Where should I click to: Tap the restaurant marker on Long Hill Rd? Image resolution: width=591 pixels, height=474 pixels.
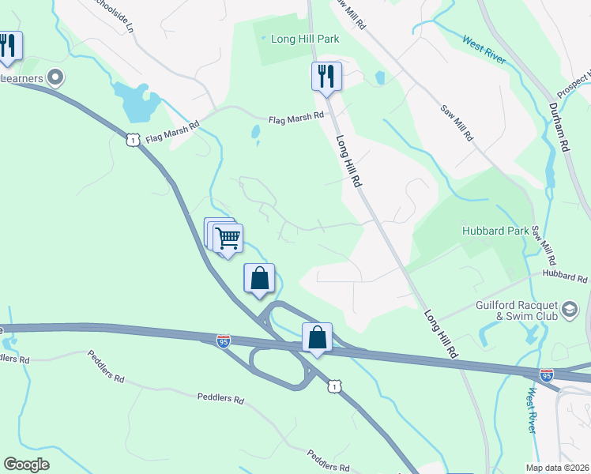tap(326, 77)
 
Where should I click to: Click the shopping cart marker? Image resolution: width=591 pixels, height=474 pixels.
tap(228, 237)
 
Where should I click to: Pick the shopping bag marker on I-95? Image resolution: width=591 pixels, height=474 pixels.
tap(317, 337)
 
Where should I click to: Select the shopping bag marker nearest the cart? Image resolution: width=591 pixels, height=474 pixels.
tap(259, 278)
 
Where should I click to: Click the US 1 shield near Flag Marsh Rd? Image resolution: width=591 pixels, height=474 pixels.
tap(132, 139)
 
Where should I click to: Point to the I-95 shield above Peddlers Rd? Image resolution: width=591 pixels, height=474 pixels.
tap(224, 341)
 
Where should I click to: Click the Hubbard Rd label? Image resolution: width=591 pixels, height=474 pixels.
tap(566, 278)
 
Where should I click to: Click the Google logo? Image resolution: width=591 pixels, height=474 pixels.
tap(26, 465)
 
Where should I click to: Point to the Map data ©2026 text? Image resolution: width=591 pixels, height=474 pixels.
tap(557, 467)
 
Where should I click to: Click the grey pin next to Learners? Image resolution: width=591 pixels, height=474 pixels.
tap(55, 77)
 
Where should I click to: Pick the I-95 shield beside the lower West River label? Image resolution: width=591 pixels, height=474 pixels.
tap(546, 374)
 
